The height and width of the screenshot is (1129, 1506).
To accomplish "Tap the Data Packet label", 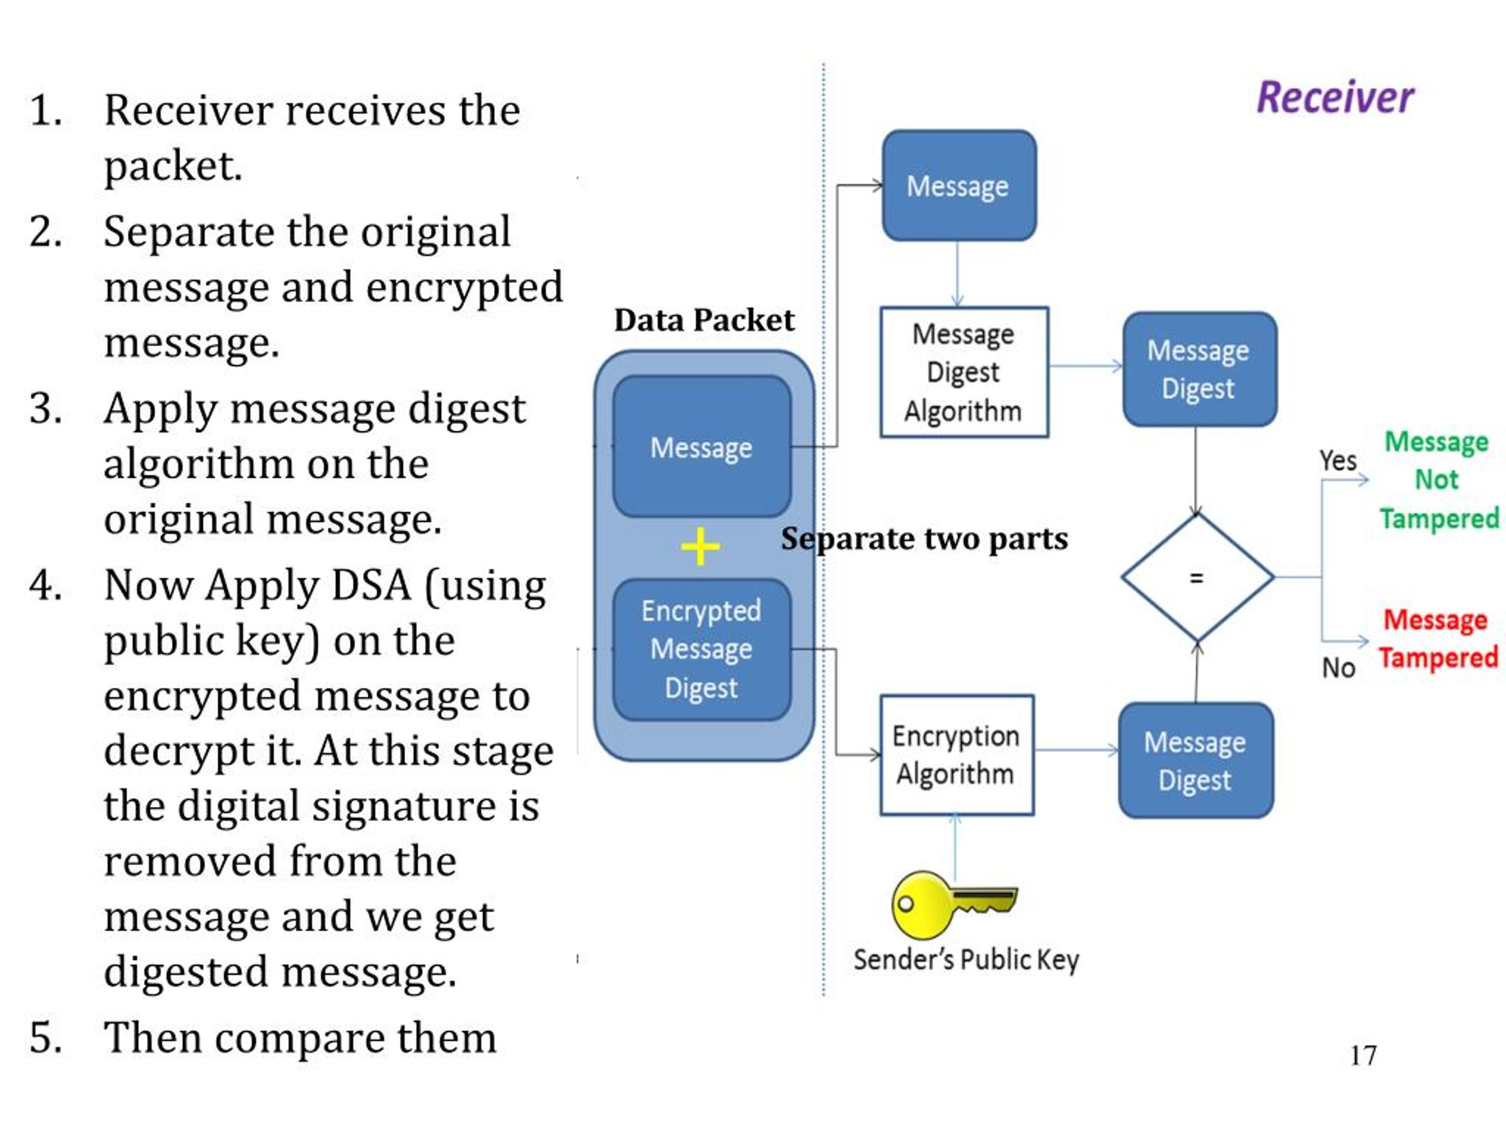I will (x=704, y=320).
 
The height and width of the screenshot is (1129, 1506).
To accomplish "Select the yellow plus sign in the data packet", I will (x=700, y=547).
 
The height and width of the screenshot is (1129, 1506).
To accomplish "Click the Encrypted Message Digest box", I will (x=702, y=649).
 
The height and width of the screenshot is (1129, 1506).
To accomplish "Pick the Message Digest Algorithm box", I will (x=964, y=372).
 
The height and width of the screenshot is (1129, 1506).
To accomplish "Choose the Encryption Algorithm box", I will (x=957, y=754).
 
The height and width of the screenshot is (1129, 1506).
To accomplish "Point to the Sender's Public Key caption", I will (x=966, y=960).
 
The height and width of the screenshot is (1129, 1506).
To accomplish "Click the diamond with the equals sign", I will (x=1197, y=578).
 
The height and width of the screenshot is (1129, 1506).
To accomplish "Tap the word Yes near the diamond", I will (x=1338, y=461).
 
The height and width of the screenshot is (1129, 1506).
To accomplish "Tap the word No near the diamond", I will (x=1338, y=667).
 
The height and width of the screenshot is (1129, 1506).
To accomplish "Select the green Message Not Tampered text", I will (x=1438, y=480).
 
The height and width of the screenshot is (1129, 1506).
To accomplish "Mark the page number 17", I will (x=1363, y=1055).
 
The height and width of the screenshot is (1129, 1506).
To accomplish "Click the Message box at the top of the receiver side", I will (x=959, y=186).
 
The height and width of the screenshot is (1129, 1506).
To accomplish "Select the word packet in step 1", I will (x=172, y=165).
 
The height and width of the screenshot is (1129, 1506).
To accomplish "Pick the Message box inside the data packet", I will (x=702, y=447).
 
